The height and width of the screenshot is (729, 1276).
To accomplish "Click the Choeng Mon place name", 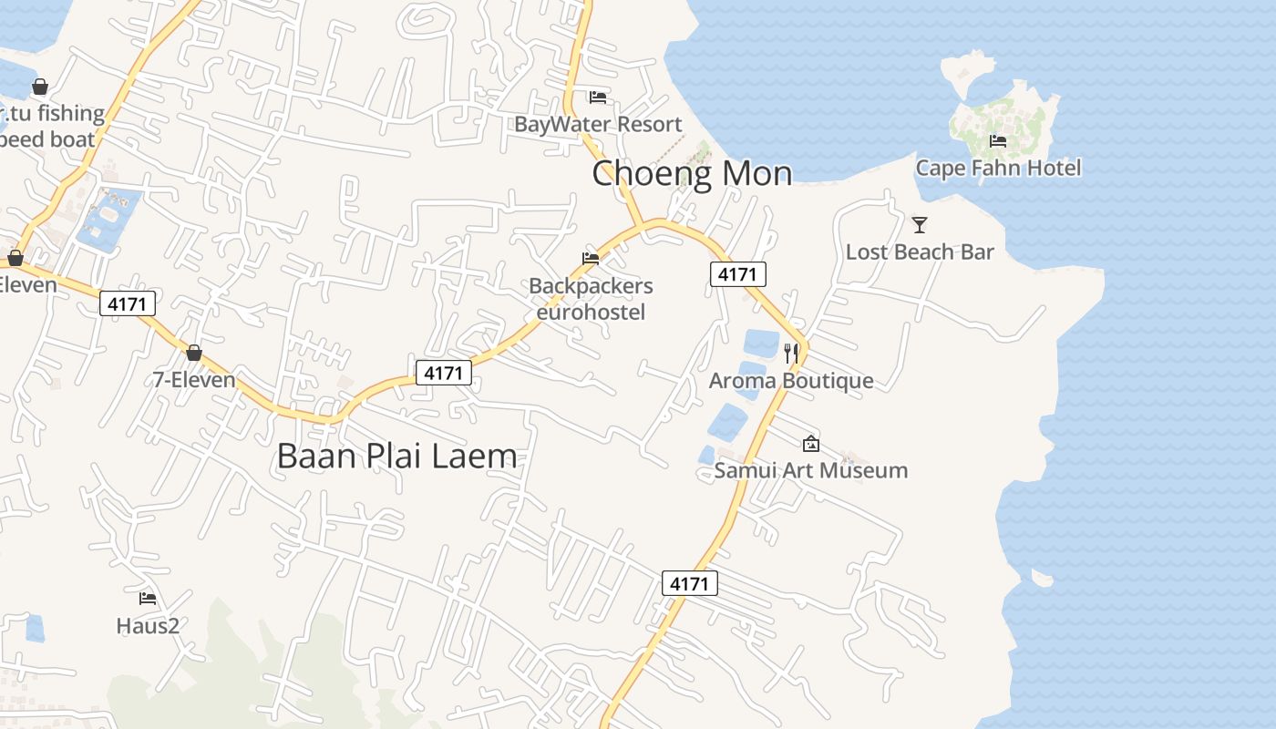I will (692, 173).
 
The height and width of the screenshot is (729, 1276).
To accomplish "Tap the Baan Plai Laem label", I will (396, 456).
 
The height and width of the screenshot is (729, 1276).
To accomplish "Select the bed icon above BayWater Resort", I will (598, 98).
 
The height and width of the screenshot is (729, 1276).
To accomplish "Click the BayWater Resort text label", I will (598, 124).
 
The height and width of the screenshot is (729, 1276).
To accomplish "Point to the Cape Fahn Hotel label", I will (998, 168).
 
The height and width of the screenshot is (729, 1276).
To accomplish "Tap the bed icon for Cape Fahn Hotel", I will (998, 141).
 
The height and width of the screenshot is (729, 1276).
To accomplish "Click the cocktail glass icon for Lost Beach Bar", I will (920, 224).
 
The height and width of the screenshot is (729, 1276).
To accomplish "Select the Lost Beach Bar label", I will (920, 252).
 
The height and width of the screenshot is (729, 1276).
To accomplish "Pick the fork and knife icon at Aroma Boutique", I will (791, 353).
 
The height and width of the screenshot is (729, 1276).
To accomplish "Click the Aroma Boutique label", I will (791, 380).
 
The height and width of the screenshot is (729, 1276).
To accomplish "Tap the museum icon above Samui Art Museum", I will (810, 444).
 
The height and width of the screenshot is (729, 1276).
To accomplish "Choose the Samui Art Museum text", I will (810, 470).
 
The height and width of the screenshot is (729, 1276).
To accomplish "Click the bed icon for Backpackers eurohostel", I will (591, 259).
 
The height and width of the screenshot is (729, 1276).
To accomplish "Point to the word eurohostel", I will (591, 313).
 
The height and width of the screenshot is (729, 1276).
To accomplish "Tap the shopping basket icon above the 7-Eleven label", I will (193, 353).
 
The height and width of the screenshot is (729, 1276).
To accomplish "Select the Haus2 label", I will (148, 626).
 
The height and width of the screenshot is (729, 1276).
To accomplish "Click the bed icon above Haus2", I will (148, 599).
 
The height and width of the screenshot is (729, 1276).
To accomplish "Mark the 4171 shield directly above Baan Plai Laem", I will (444, 372).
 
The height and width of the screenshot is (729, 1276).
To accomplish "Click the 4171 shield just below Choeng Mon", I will (738, 273).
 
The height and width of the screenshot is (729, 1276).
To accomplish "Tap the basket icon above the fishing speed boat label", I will (40, 87).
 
